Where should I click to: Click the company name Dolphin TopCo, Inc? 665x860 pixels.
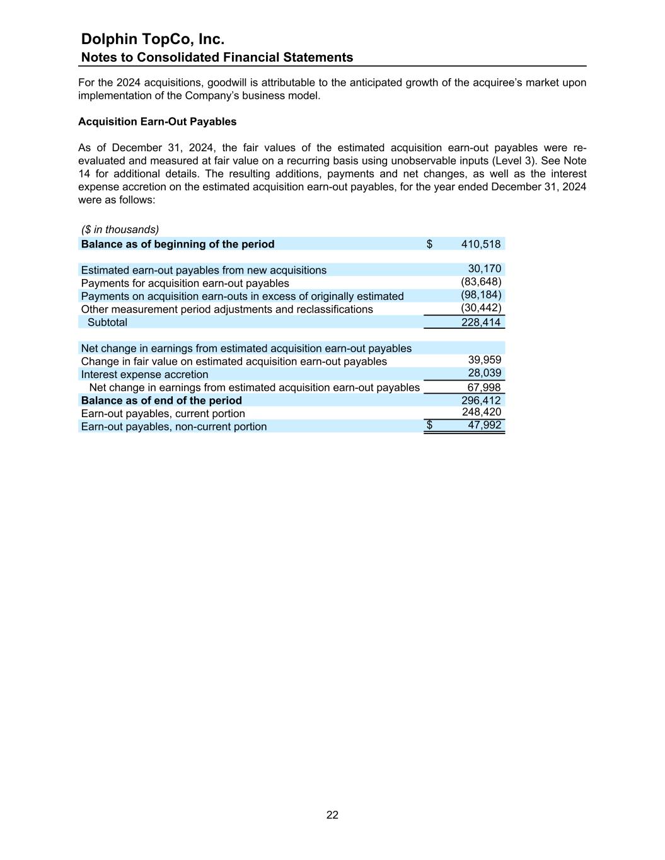click(153, 39)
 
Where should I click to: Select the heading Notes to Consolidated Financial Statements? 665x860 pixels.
click(217, 57)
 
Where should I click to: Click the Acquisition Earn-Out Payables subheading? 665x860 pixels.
click(157, 122)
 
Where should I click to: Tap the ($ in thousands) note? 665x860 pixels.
click(120, 229)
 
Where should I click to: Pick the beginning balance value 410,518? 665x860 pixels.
click(481, 244)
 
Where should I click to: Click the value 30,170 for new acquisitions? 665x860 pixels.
click(484, 269)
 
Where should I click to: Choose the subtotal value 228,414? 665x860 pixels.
click(481, 322)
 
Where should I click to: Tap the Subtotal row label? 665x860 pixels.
click(107, 322)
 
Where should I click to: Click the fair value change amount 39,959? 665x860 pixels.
click(484, 360)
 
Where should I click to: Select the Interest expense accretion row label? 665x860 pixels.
click(144, 374)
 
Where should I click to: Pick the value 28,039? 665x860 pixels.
click(484, 373)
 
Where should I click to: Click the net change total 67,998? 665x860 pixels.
click(483, 387)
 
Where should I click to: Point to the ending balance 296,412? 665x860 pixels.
click(481, 400)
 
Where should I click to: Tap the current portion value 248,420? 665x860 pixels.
click(482, 412)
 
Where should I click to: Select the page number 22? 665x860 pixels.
click(332, 815)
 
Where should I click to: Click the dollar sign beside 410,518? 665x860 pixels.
click(429, 244)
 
